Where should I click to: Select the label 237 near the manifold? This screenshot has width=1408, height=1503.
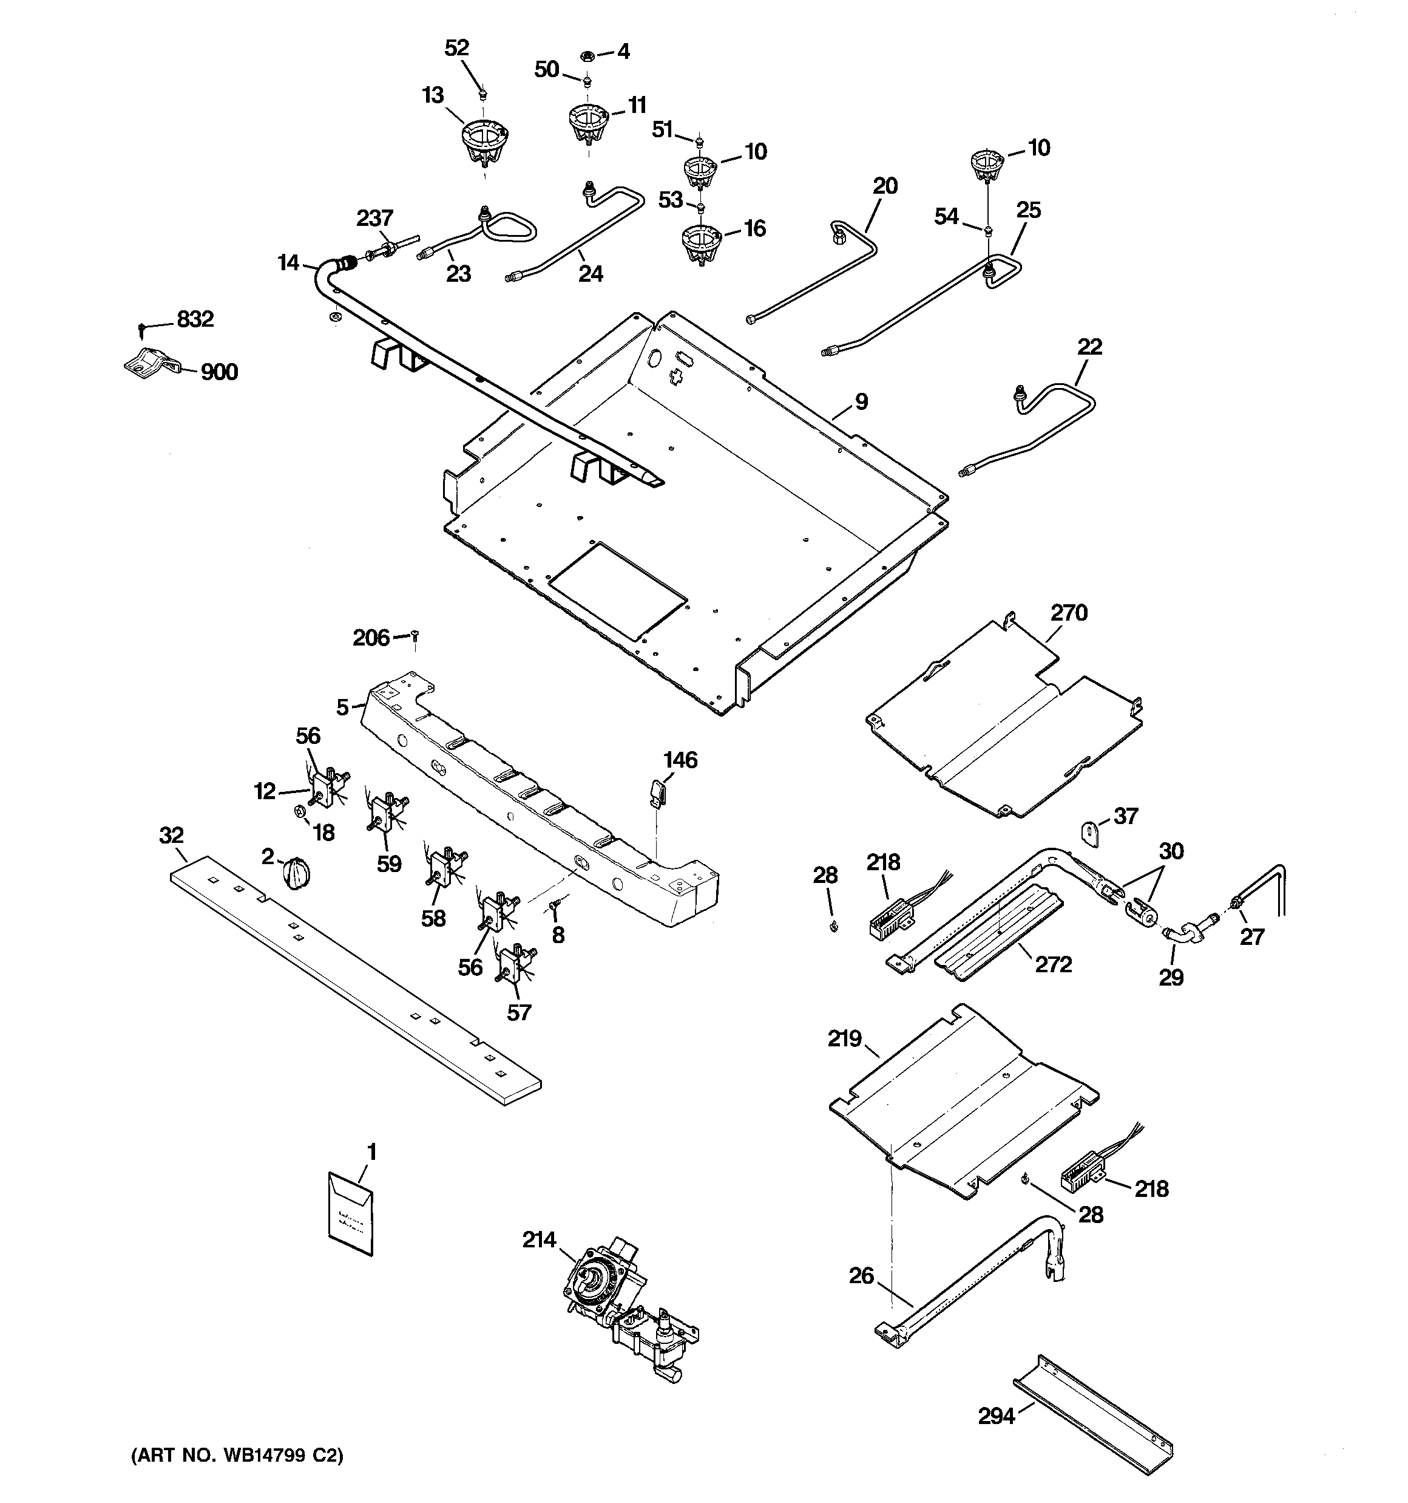click(x=375, y=219)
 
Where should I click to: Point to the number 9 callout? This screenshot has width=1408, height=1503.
click(x=862, y=401)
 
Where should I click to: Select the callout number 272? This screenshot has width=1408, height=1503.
click(x=1053, y=964)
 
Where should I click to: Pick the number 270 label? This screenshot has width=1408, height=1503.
click(x=1069, y=612)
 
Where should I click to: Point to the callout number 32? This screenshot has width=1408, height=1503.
click(x=172, y=836)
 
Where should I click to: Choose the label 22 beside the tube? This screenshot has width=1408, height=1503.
click(x=1089, y=346)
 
